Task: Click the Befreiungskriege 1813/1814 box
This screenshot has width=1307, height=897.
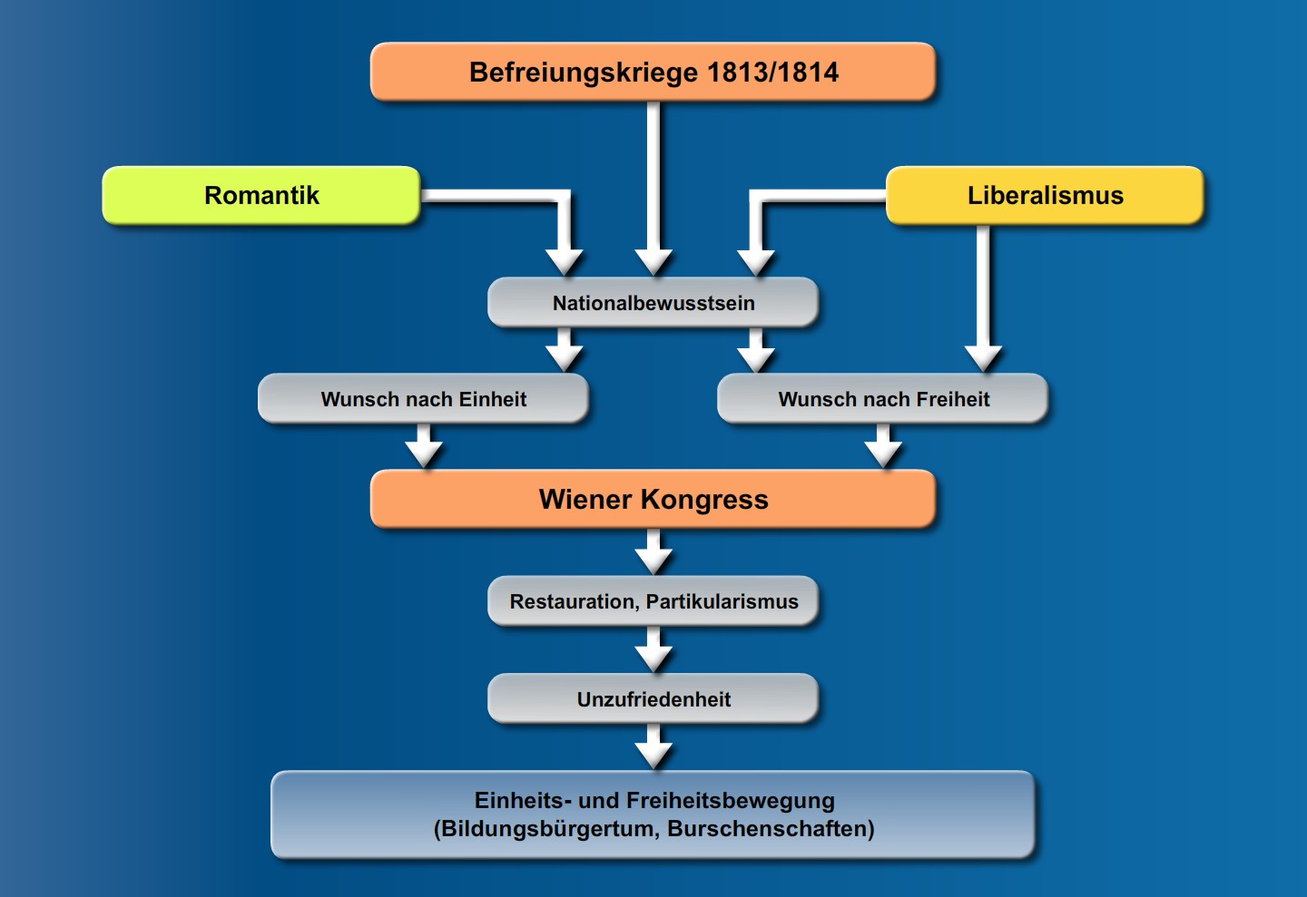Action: (653, 72)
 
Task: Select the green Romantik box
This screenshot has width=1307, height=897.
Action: (261, 195)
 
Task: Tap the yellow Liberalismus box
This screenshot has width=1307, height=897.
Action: (1045, 195)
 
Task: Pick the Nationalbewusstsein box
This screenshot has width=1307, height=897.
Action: (653, 303)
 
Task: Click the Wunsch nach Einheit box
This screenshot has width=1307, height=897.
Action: (423, 399)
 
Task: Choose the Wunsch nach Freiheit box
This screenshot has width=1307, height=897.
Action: (883, 399)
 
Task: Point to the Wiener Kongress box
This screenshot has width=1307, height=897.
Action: (653, 499)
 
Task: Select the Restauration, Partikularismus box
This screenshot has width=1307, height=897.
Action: (653, 601)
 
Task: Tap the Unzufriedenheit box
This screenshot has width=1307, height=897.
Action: (653, 699)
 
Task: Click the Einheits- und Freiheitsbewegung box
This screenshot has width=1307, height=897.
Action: (653, 814)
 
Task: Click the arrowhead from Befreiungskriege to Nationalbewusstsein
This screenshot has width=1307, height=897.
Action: (653, 262)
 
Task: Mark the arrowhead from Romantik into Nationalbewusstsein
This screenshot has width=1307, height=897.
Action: (565, 262)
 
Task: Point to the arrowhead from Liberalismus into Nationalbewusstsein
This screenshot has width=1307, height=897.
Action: (756, 262)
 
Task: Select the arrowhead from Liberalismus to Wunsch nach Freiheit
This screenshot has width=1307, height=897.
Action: (983, 358)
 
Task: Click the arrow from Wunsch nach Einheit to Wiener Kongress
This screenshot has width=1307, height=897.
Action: (423, 448)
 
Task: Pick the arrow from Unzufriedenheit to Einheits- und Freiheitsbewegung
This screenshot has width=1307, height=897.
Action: (653, 749)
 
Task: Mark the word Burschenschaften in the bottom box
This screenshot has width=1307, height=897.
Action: (771, 829)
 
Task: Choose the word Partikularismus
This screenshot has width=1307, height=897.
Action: (722, 602)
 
